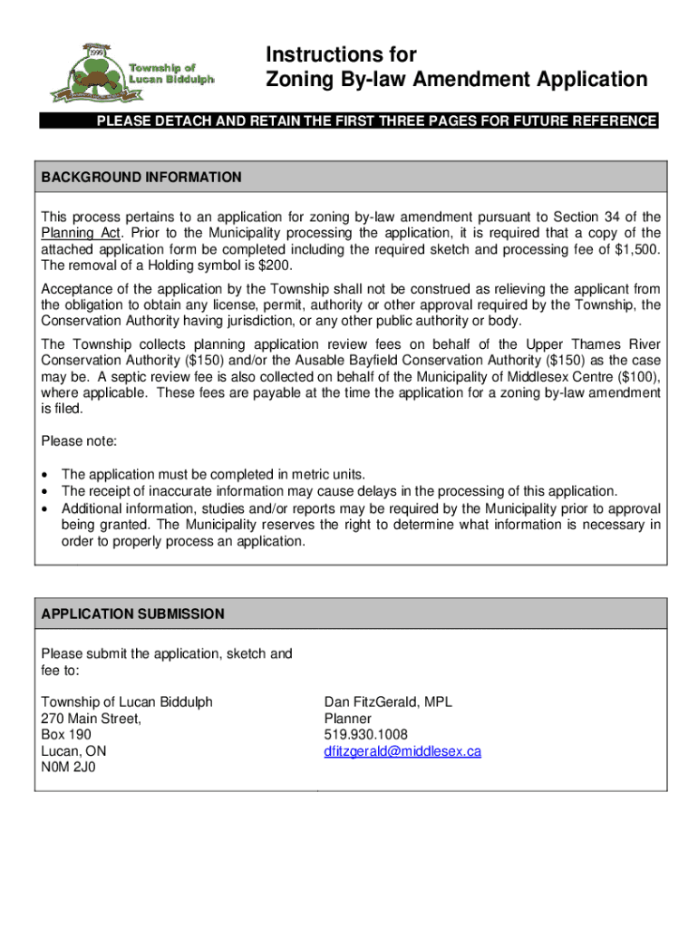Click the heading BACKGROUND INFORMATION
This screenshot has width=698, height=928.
(141, 178)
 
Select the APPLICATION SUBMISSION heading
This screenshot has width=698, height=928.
(133, 614)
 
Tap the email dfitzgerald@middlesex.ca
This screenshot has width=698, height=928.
(402, 751)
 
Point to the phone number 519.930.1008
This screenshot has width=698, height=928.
(365, 734)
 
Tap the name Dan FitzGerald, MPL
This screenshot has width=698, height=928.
(388, 701)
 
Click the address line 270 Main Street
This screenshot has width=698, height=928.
(92, 718)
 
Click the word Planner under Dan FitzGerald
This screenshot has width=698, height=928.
(348, 718)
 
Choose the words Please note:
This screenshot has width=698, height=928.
(79, 441)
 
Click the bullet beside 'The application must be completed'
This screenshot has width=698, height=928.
(46, 474)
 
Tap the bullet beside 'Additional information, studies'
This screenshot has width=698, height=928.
(46, 508)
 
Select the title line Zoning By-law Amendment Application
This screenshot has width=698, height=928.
(457, 80)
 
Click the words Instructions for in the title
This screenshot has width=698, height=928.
(341, 54)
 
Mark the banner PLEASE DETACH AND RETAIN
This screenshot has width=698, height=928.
(376, 121)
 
